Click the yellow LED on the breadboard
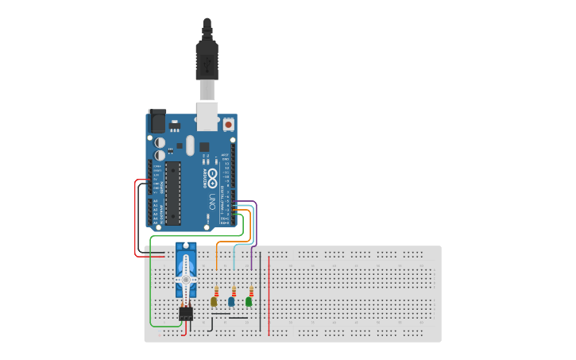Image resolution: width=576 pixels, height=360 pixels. (214, 301)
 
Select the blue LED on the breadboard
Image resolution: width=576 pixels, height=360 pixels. (231, 301)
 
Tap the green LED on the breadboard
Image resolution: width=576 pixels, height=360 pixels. (249, 301)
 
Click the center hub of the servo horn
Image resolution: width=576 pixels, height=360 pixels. (186, 280)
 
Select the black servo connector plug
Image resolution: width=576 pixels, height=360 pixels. (186, 314)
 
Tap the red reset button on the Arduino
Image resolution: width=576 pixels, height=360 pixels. (229, 125)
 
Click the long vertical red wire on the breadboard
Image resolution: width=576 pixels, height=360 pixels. (269, 294)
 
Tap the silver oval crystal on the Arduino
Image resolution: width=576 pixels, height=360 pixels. (190, 145)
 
